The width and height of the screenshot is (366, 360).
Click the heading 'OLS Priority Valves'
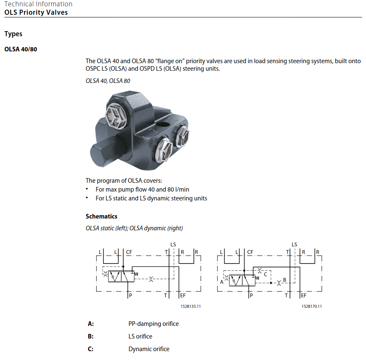tap(36, 12)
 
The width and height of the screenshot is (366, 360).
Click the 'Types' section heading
tap(13, 34)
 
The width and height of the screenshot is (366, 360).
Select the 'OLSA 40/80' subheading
tap(21, 49)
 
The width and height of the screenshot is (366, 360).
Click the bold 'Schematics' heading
tap(101, 216)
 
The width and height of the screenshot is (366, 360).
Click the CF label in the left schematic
tap(129, 252)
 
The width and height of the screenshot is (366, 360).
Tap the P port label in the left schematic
tap(131, 296)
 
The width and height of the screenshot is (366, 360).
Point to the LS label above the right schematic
tap(294, 244)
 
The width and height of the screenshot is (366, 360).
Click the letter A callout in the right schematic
tap(222, 282)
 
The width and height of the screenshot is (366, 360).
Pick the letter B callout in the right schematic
tap(284, 280)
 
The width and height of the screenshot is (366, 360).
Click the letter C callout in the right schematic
tap(265, 274)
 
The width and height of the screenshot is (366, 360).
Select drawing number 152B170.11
tap(312, 306)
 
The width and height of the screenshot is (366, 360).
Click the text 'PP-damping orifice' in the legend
tap(154, 324)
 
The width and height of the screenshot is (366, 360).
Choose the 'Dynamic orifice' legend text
tap(149, 349)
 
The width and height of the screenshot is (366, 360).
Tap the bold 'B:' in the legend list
tap(90, 336)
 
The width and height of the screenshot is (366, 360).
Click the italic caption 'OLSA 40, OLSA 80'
tap(108, 80)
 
